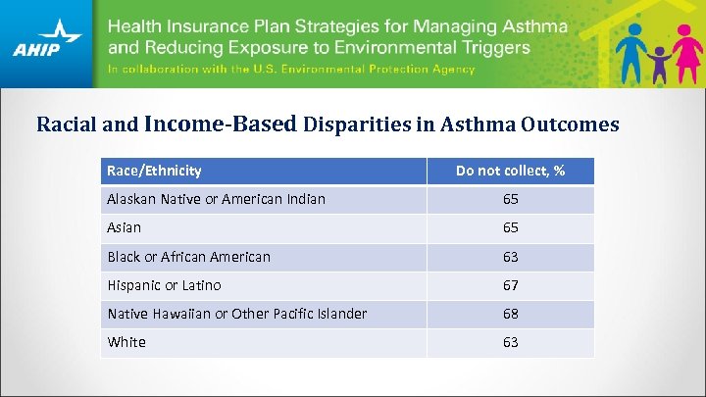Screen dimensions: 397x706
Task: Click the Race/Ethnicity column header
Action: point(154,171)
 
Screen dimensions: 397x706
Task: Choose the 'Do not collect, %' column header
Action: point(510,171)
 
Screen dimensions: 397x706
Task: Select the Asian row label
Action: point(124,227)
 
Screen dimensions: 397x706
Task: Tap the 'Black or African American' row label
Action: point(188,257)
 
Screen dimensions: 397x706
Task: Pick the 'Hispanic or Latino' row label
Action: point(164,285)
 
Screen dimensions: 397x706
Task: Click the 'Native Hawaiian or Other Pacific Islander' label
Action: point(236,314)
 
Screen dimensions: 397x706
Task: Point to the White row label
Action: point(126,342)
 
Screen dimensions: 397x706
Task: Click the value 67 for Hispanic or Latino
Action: point(510,285)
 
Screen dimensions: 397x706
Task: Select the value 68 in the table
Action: point(510,314)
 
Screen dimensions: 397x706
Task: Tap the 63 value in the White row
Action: point(510,342)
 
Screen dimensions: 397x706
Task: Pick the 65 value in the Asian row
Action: point(510,227)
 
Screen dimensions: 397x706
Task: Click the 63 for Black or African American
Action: point(510,257)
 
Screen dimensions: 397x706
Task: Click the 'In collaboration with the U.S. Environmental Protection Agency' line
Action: point(291,70)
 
